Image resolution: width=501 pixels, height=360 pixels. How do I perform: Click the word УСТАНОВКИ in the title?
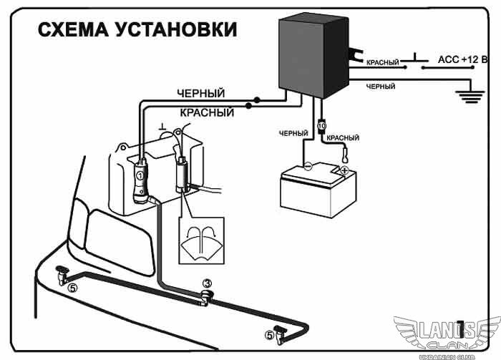click(183, 30)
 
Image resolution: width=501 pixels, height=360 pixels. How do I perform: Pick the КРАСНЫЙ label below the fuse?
click(342, 137)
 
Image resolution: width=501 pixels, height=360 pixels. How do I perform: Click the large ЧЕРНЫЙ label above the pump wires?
click(201, 94)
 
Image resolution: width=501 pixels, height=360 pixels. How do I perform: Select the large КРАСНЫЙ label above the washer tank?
click(207, 113)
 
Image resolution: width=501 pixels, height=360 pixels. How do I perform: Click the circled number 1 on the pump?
click(141, 175)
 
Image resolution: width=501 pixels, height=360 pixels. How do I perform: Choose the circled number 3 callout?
click(206, 283)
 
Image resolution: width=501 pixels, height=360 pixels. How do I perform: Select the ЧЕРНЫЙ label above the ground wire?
click(381, 86)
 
